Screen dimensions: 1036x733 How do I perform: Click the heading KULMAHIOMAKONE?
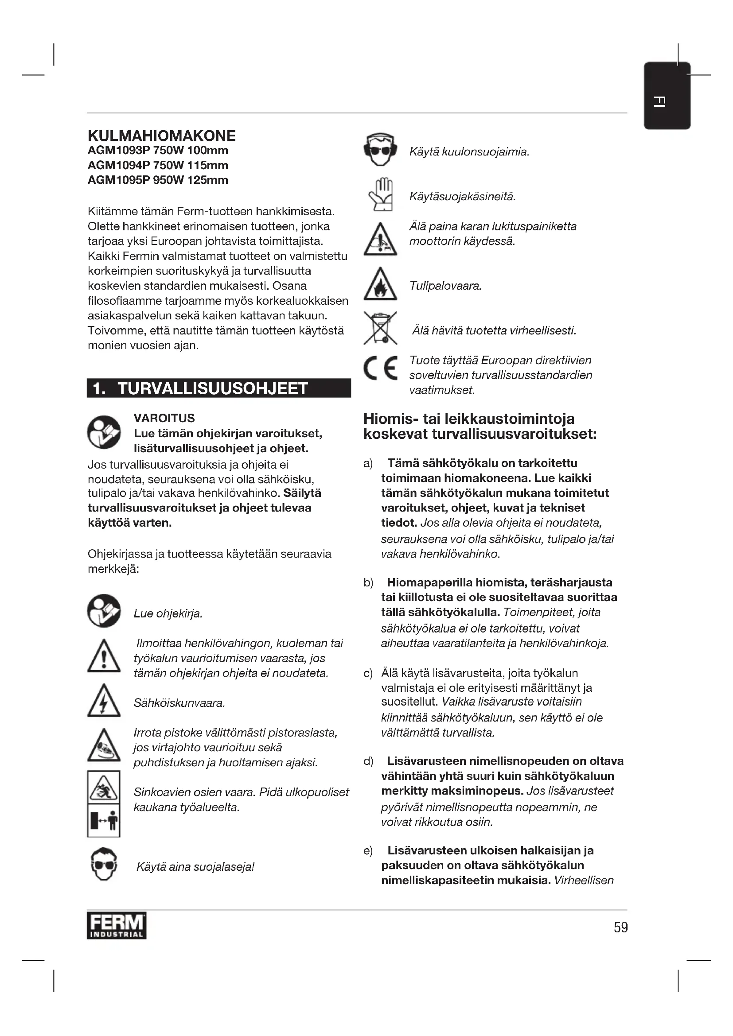[162, 136]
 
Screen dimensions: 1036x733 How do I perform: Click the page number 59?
[620, 927]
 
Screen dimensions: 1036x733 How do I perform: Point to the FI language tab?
[667, 96]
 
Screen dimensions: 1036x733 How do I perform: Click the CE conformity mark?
[381, 368]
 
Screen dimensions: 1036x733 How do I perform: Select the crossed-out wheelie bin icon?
[380, 328]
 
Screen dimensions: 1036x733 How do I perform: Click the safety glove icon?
[381, 195]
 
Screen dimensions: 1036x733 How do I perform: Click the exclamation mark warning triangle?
[104, 657]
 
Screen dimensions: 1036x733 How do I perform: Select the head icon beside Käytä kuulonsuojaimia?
[380, 150]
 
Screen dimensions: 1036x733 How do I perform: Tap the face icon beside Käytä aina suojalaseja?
[104, 865]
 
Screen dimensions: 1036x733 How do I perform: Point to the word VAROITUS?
[164, 418]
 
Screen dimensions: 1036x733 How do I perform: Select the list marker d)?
[368, 761]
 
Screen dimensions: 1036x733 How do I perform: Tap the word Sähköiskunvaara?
[179, 703]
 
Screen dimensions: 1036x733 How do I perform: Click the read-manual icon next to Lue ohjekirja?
[104, 611]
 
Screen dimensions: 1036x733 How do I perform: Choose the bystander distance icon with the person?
[104, 820]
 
